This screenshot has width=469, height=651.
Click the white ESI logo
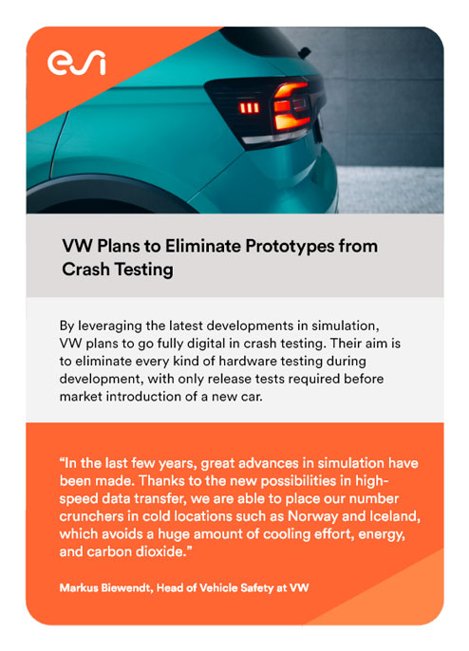(x=77, y=63)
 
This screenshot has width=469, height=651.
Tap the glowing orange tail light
(x=291, y=107)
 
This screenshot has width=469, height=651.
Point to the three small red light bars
(x=249, y=108)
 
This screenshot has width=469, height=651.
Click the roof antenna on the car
(x=305, y=52)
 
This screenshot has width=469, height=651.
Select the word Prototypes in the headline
(x=290, y=246)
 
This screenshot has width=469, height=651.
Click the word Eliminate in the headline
(x=203, y=246)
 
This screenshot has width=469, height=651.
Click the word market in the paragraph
(x=81, y=397)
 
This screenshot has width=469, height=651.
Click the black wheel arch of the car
(x=103, y=185)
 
